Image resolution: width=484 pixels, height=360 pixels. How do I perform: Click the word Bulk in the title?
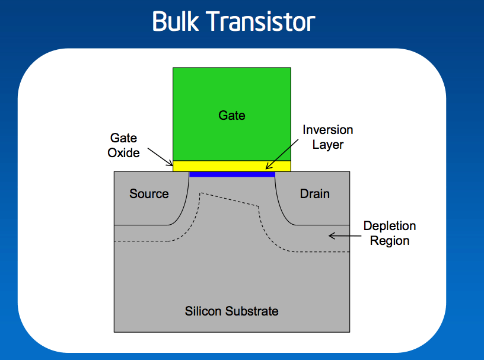(x=179, y=22)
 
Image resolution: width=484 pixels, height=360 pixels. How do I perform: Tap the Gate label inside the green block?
(x=232, y=115)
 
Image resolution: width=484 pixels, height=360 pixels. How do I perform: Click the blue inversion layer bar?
(x=232, y=174)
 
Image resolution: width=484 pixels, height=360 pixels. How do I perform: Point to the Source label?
(x=149, y=194)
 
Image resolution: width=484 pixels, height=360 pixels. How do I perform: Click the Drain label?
(x=314, y=194)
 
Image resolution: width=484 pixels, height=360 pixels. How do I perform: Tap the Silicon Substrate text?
(x=231, y=311)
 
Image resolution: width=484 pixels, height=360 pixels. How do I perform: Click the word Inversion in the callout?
(x=328, y=130)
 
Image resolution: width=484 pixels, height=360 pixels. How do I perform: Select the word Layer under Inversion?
(x=328, y=144)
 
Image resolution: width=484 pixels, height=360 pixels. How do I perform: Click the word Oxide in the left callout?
(x=123, y=153)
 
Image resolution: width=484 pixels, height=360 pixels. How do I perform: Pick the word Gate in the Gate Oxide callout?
(x=123, y=138)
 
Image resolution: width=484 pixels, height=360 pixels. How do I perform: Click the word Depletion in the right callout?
(x=390, y=226)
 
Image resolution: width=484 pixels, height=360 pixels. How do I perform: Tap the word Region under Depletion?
(x=390, y=241)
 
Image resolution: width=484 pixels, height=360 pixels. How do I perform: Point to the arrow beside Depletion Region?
(x=340, y=235)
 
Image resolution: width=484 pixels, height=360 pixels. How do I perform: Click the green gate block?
(x=232, y=89)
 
